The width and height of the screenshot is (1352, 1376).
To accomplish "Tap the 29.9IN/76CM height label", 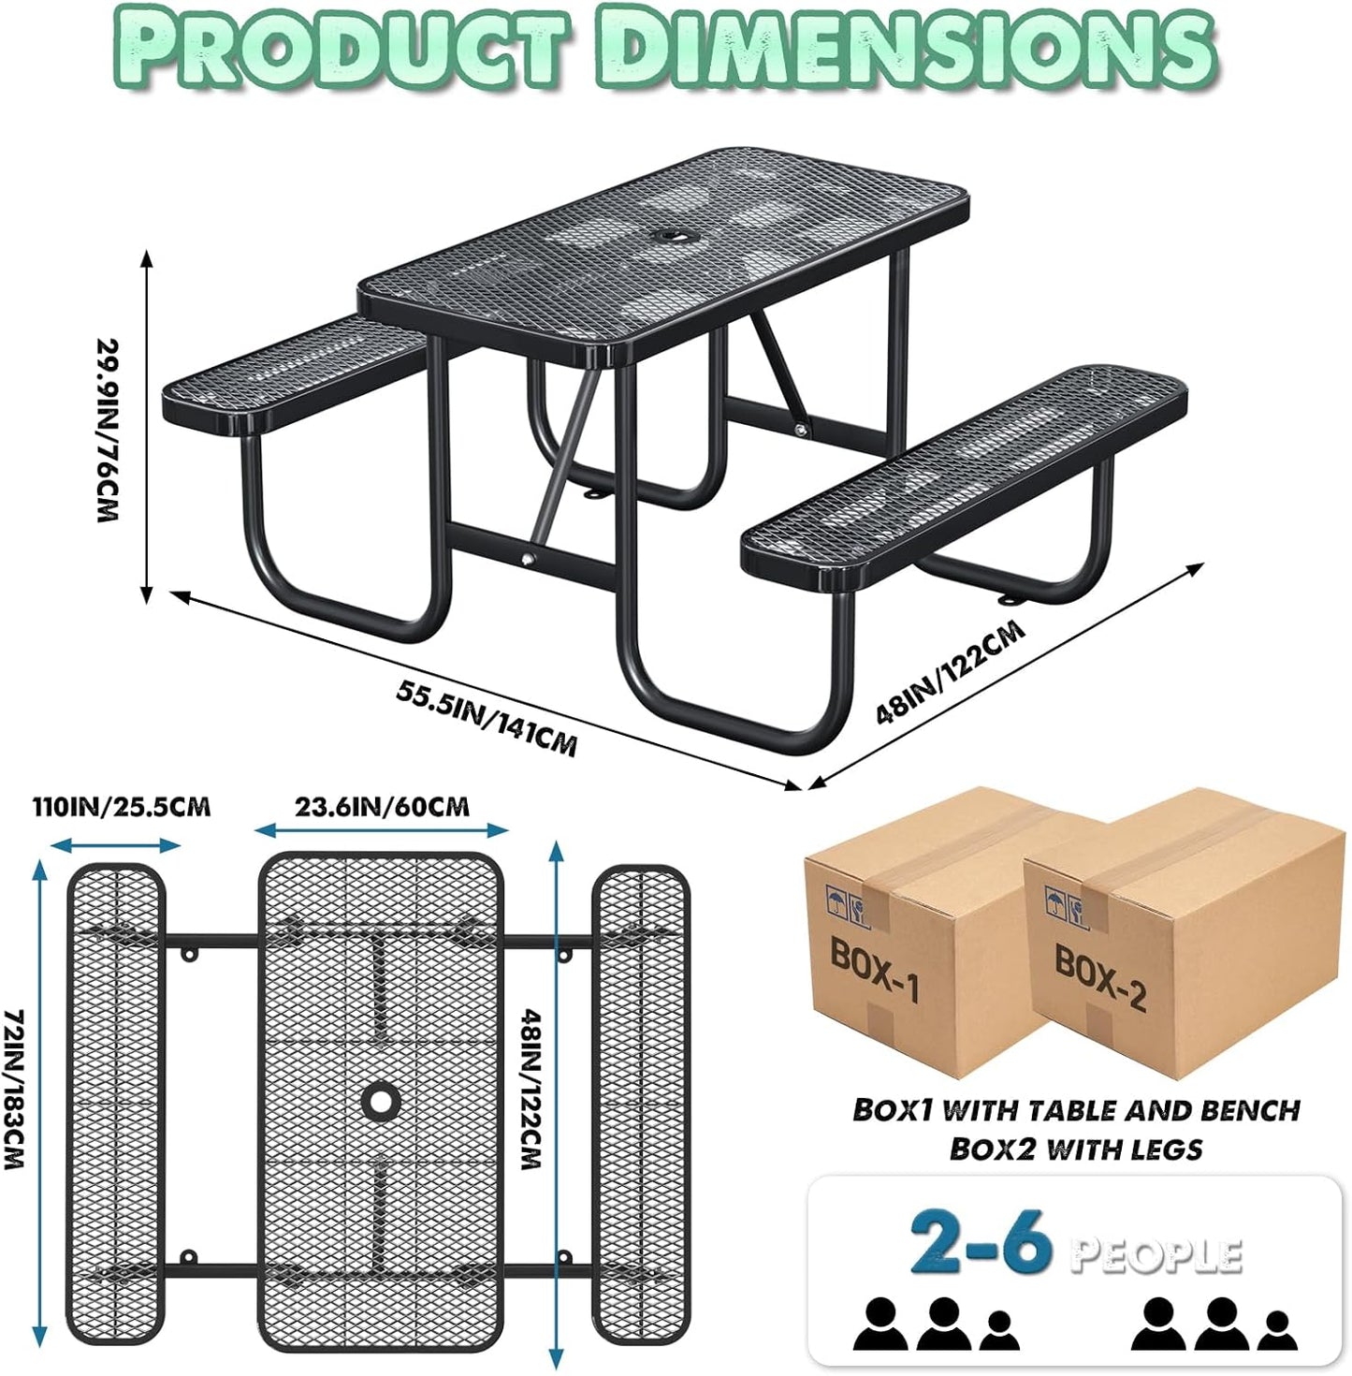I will click(110, 430).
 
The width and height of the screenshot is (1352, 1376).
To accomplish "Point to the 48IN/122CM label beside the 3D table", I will click(950, 672).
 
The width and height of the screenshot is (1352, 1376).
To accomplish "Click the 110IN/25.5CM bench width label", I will click(122, 807).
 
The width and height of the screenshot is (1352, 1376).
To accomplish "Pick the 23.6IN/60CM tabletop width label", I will click(382, 807).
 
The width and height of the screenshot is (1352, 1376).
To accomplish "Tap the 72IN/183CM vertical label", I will click(13, 1089).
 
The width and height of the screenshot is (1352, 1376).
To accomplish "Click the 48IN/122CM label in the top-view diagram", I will click(531, 1089).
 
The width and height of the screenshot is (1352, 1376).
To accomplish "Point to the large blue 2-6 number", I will click(980, 1243).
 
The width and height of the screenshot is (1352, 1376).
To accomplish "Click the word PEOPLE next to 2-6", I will click(1156, 1254).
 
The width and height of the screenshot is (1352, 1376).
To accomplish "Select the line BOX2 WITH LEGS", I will click(1076, 1149).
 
